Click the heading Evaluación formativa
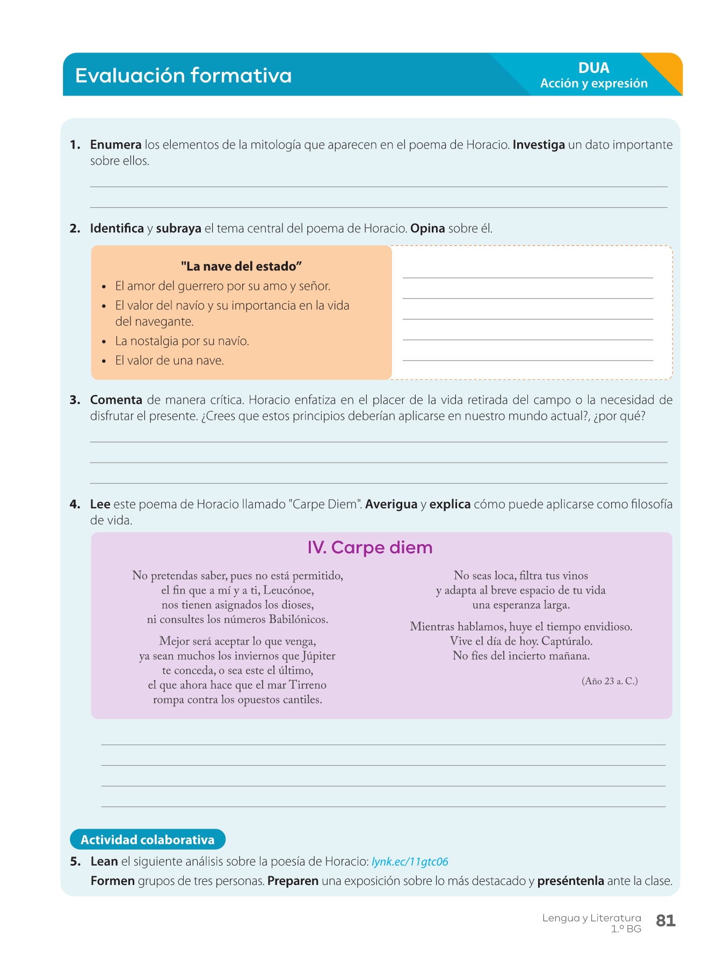[183, 76]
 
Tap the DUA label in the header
[593, 68]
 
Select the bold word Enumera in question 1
[115, 145]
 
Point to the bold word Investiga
[539, 145]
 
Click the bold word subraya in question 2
[178, 229]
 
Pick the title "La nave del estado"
[241, 267]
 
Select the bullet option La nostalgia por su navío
[182, 341]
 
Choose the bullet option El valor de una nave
[170, 361]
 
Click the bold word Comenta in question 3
[116, 400]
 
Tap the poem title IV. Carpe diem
[370, 548]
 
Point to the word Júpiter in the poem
[318, 656]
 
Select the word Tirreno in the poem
[308, 685]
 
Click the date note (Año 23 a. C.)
[610, 682]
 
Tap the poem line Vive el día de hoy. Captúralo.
[521, 641]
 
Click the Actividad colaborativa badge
[148, 840]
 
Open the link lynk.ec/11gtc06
[410, 862]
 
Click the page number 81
[665, 921]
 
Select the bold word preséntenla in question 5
[570, 881]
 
